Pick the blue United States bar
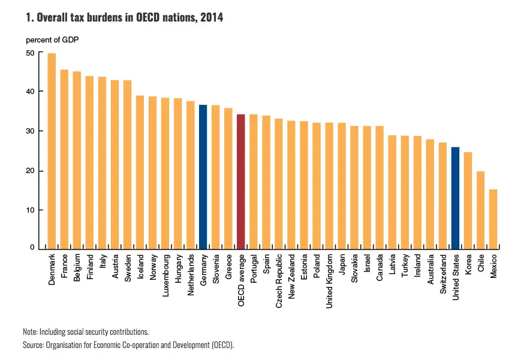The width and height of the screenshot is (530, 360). [x=455, y=198]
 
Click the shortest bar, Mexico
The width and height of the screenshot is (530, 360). [x=493, y=219]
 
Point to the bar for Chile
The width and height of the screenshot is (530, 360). [x=480, y=210]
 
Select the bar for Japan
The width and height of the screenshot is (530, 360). [x=342, y=186]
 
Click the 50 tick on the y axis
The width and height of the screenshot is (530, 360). [x=30, y=53]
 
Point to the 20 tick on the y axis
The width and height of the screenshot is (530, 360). [x=30, y=171]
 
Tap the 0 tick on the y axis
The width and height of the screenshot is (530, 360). [x=32, y=247]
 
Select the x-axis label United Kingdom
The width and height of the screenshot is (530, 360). [x=329, y=281]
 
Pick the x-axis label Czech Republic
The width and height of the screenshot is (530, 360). [x=279, y=280]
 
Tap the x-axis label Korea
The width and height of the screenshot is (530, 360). [x=468, y=265]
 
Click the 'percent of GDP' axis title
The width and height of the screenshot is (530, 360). [x=52, y=40]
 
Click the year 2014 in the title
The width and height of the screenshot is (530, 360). [x=212, y=18]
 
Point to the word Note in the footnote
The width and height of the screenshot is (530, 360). [x=29, y=331]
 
